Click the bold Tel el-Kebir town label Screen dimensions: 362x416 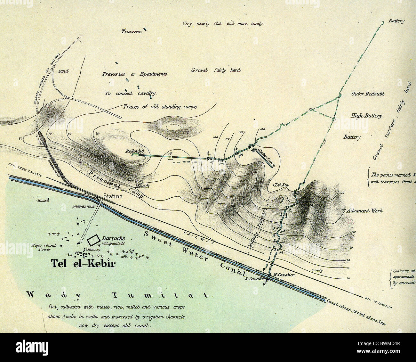[x=83, y=263]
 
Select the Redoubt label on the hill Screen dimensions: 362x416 [x=135, y=151]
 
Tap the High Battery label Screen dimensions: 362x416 [x=366, y=116]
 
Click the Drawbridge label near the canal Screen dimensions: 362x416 [x=84, y=207]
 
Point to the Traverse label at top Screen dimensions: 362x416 [x=131, y=32]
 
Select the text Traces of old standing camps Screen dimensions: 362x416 [x=160, y=107]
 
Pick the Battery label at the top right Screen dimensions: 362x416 [x=396, y=21]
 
